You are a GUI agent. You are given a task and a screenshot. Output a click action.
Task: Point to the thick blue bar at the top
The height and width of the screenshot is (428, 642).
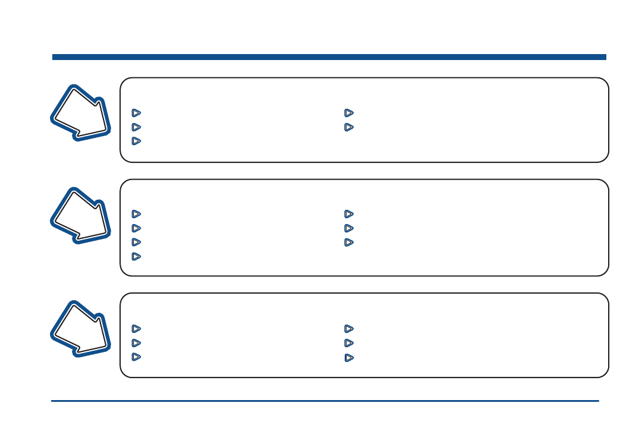(x=329, y=57)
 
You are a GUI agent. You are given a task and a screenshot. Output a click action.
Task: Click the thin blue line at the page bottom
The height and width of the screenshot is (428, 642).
(x=325, y=401)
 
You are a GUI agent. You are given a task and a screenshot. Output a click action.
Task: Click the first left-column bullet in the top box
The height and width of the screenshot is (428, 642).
(x=136, y=112)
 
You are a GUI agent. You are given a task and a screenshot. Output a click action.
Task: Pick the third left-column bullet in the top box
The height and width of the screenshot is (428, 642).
(x=136, y=141)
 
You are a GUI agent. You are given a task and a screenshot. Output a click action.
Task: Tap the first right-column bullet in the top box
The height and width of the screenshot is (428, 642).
(x=349, y=112)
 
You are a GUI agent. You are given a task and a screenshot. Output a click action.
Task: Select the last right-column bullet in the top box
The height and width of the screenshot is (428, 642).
(x=349, y=127)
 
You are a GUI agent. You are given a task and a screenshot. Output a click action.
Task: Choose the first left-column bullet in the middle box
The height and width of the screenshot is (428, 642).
(x=136, y=213)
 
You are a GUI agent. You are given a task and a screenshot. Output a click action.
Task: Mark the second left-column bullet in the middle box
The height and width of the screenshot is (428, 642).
(x=136, y=228)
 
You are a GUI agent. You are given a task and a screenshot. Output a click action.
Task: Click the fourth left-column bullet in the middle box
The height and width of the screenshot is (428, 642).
(x=136, y=256)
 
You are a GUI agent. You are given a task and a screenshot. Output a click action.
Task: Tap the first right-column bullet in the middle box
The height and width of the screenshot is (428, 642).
(x=349, y=213)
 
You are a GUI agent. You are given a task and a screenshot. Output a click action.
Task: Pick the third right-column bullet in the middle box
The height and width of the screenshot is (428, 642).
(x=349, y=243)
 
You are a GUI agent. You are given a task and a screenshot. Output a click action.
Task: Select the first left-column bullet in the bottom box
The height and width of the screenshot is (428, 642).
(x=136, y=328)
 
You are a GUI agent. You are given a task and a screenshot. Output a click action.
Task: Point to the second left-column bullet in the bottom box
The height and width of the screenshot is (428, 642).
(x=136, y=343)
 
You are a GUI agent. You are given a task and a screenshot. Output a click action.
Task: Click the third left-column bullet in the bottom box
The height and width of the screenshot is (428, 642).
(x=136, y=357)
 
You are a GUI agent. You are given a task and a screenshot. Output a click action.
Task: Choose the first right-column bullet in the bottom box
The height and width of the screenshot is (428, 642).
(x=349, y=328)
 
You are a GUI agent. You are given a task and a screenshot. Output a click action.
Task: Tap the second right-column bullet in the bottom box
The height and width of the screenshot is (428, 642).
(x=349, y=343)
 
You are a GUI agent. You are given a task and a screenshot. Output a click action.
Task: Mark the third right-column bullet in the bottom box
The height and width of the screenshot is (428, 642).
(x=349, y=358)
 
